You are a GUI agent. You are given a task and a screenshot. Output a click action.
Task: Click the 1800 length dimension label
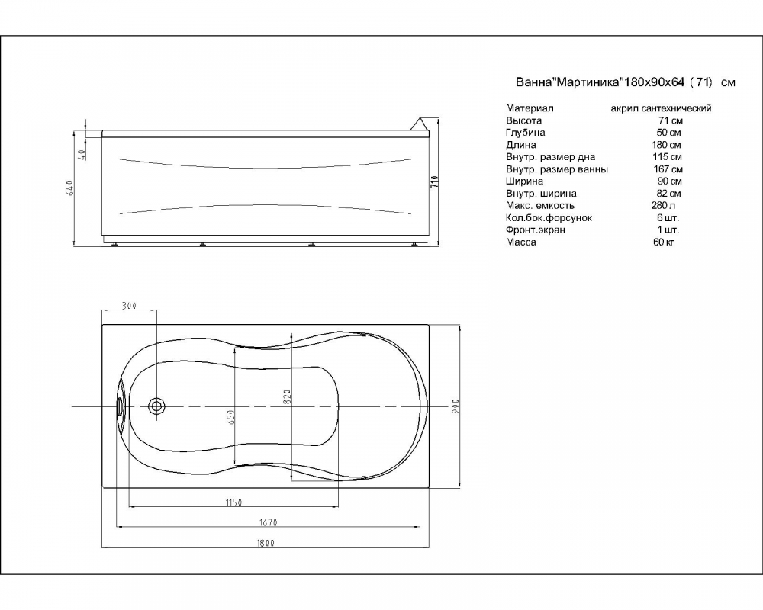pos(266,544)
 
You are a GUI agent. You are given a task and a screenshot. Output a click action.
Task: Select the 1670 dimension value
pos(268,522)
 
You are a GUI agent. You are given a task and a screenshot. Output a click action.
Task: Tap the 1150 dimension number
pos(233,503)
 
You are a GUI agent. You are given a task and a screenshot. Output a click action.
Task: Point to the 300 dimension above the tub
pos(129,306)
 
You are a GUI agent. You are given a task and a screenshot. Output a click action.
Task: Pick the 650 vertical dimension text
pos(231,417)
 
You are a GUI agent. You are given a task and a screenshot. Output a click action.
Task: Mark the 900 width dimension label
pos(456,406)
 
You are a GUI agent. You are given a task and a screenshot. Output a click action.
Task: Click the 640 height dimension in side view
pos(69,188)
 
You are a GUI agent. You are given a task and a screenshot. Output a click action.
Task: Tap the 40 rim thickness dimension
pos(82,155)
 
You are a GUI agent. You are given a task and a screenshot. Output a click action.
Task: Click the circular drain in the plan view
pos(157,405)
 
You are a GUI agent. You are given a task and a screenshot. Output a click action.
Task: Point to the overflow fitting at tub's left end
pos(118,406)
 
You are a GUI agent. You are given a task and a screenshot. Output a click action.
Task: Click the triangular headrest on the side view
pos(420,123)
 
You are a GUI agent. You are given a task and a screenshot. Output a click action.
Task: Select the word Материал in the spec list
pos(530,108)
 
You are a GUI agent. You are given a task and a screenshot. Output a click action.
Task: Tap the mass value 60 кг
pos(664,242)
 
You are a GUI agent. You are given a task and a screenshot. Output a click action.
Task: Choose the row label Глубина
pos(526,133)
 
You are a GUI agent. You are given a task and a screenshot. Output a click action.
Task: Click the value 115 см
pos(667,156)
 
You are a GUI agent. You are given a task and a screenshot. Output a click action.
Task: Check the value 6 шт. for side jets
pos(667,217)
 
